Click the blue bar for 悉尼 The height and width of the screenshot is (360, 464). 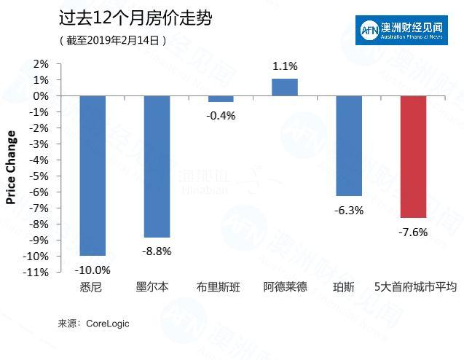coord(93,175)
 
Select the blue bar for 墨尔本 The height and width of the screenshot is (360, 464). coord(157,166)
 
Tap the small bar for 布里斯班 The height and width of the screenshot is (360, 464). coord(221,99)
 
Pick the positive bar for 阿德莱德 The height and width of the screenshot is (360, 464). coord(285,87)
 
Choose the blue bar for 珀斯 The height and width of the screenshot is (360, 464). coord(349,146)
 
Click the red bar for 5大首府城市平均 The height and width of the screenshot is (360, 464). coord(413,157)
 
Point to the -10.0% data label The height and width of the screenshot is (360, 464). coord(93,269)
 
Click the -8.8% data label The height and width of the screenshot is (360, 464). coord(157,251)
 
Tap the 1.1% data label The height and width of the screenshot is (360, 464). coord(285,66)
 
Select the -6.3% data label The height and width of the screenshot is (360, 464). coord(349,211)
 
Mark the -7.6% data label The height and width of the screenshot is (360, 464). coord(413,232)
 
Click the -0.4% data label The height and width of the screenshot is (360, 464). coord(221,115)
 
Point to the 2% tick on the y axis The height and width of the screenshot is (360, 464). coord(40,64)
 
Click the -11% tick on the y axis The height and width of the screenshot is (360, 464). coord(36,272)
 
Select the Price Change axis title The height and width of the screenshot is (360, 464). coord(11,168)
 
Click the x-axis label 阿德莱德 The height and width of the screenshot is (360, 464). coord(285,287)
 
